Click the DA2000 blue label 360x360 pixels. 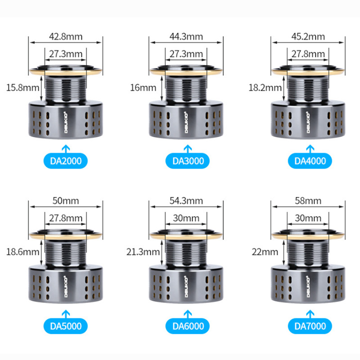(65, 161)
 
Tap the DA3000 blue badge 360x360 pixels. (188, 161)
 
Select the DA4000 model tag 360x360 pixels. (310, 161)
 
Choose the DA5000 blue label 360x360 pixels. (65, 326)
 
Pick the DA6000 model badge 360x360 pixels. (188, 326)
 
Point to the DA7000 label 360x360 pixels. (310, 326)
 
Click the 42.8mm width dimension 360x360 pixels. (66, 36)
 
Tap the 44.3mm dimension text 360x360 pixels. (186, 36)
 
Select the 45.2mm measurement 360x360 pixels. (308, 36)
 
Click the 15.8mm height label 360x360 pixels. (22, 88)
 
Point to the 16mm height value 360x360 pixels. (143, 88)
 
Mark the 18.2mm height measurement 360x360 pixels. (265, 88)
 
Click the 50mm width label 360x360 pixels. (66, 201)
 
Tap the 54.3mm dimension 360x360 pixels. (186, 201)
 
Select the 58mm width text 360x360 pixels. (308, 201)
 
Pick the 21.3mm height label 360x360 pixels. (143, 252)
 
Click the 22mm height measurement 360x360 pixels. (265, 252)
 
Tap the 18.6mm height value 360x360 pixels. (22, 252)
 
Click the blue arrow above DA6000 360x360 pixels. (188, 314)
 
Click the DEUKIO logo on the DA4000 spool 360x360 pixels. (308, 122)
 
